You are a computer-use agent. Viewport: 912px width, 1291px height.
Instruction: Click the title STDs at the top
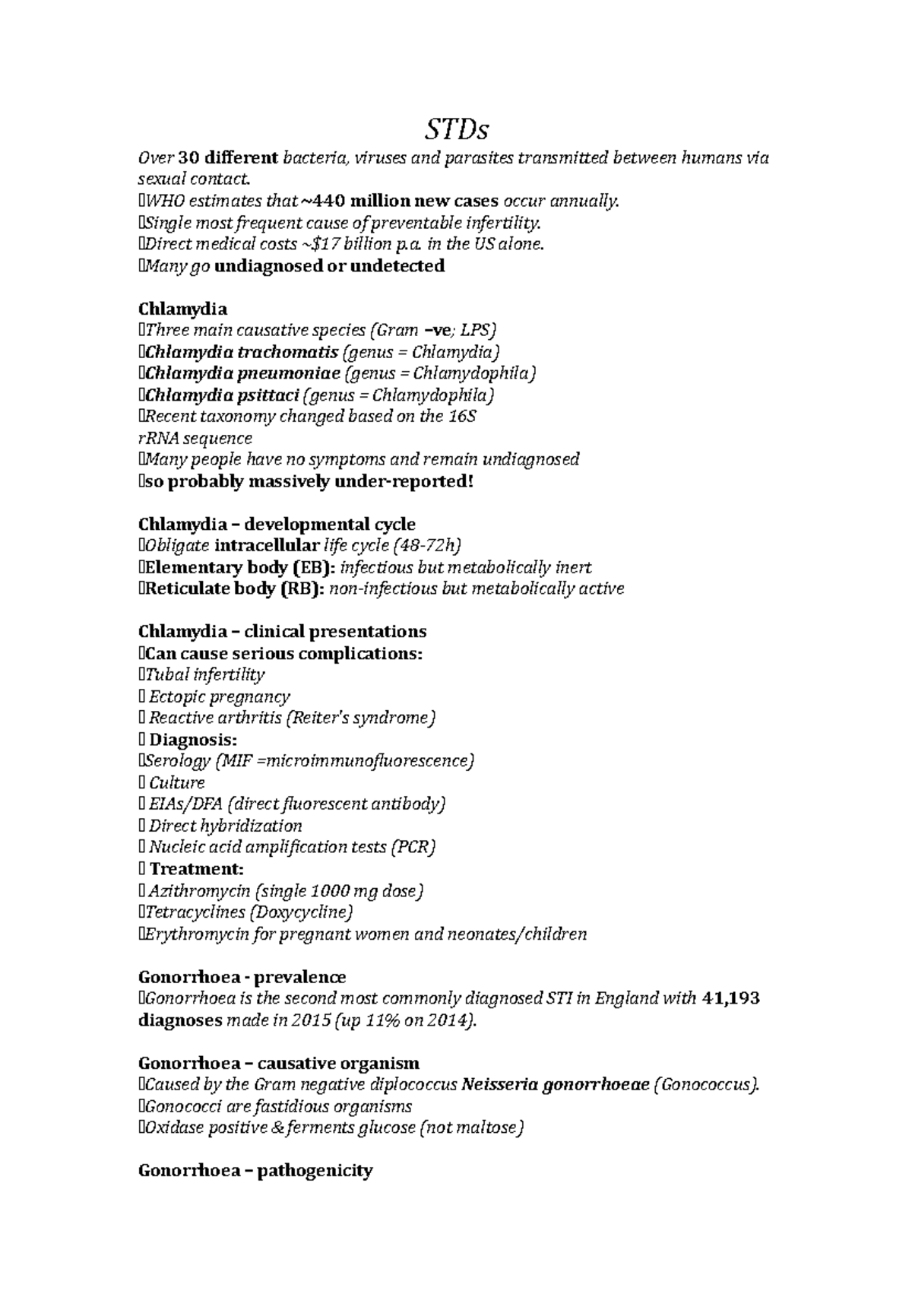[456, 131]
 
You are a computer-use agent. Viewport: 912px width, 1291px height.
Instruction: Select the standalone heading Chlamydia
[182, 309]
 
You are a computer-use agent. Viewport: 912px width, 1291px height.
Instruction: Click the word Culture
[176, 782]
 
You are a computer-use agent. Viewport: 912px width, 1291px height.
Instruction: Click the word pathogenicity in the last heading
[315, 1171]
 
